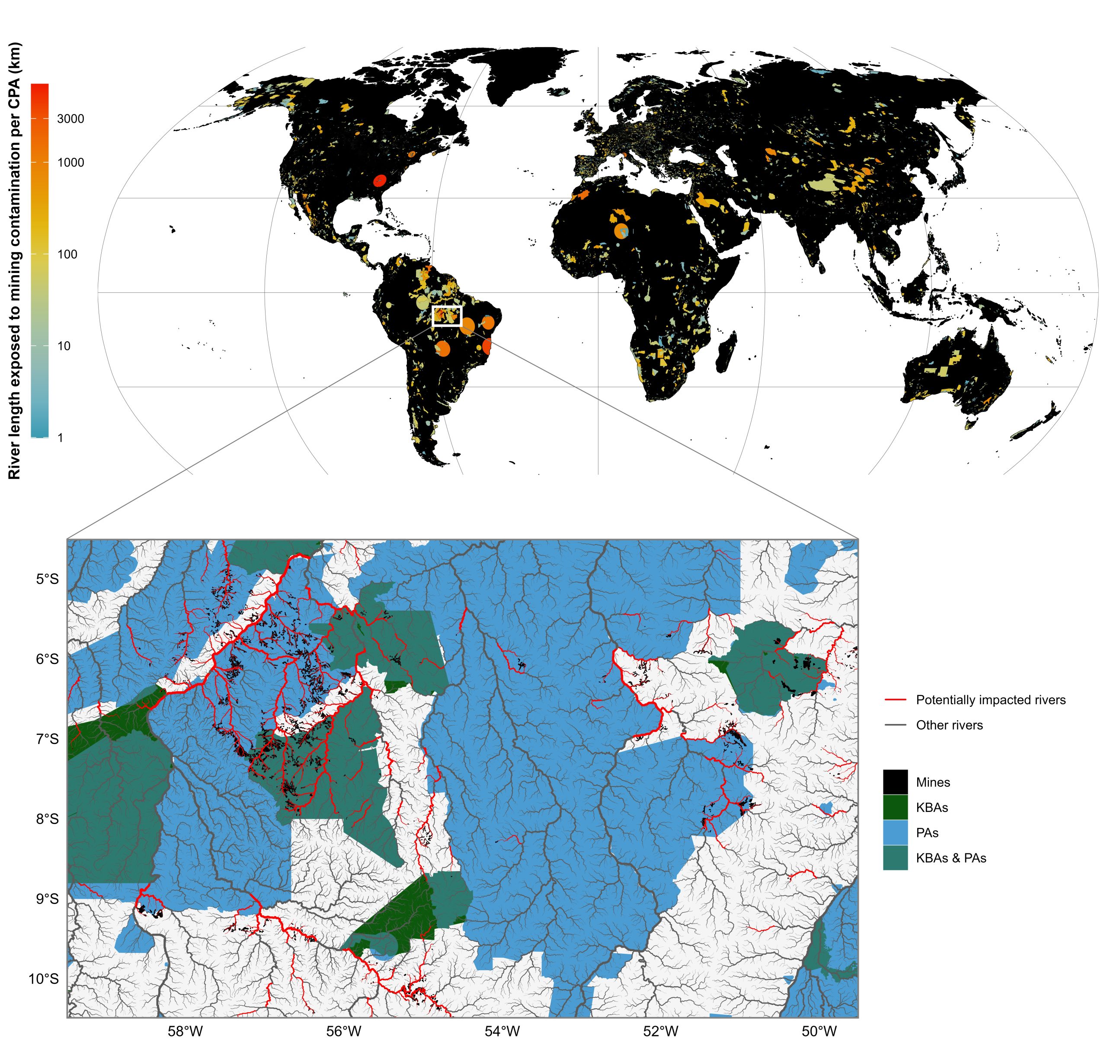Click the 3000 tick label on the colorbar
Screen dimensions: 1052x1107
(70, 119)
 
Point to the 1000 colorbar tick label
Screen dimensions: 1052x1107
(70, 163)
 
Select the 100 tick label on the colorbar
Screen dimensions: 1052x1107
(67, 255)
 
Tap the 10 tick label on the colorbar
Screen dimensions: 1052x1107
(64, 346)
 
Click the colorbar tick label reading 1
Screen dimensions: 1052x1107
(61, 437)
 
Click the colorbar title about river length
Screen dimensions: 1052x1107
(15, 260)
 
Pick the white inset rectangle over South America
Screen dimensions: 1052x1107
(446, 316)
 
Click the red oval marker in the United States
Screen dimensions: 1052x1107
(380, 180)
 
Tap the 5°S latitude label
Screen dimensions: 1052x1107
(47, 579)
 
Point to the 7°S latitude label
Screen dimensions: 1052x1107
(47, 739)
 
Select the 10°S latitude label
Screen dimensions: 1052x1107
(44, 980)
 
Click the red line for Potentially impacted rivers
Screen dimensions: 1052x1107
(895, 700)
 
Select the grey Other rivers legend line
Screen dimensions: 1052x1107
(895, 725)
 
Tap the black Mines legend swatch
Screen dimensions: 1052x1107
(895, 782)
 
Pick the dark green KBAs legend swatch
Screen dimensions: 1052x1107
(895, 807)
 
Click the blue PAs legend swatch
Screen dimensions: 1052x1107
(895, 833)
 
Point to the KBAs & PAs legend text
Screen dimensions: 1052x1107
(951, 858)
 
